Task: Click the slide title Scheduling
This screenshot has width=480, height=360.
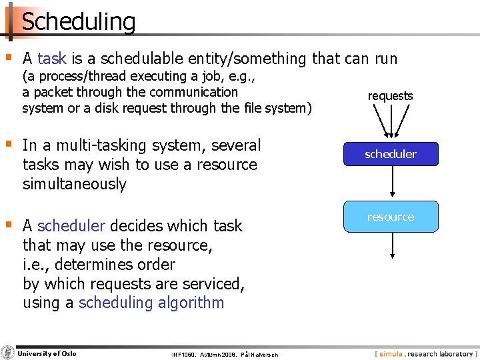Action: click(79, 21)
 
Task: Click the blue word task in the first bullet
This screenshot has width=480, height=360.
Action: click(52, 59)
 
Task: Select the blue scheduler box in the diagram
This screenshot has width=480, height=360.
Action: click(391, 154)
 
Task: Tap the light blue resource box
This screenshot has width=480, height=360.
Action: click(391, 217)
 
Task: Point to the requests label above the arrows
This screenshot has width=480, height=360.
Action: click(391, 96)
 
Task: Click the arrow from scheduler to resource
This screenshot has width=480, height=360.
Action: click(391, 183)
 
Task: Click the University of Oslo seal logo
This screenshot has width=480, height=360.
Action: click(8, 353)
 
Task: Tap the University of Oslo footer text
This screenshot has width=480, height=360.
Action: click(47, 353)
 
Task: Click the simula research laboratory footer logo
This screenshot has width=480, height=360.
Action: click(425, 354)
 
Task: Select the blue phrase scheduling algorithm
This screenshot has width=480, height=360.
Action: click(151, 303)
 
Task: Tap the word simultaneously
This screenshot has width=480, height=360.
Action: click(74, 184)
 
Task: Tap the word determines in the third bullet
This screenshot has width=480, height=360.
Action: click(98, 265)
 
